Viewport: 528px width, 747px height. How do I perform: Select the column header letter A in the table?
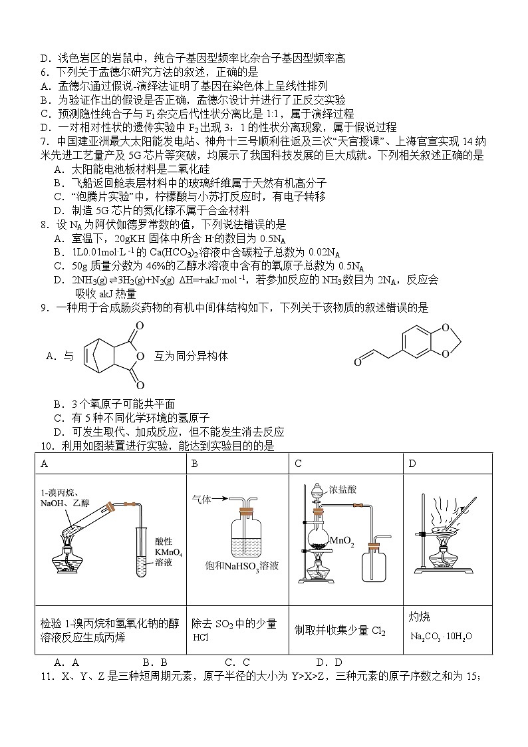44,464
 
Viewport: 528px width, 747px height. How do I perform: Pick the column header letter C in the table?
298,464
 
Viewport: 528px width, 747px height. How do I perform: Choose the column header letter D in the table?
412,464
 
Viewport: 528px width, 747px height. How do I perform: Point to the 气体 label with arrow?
203,498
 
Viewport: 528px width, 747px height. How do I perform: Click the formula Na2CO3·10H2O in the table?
441,637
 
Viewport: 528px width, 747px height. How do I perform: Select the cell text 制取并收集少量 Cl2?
340,631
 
